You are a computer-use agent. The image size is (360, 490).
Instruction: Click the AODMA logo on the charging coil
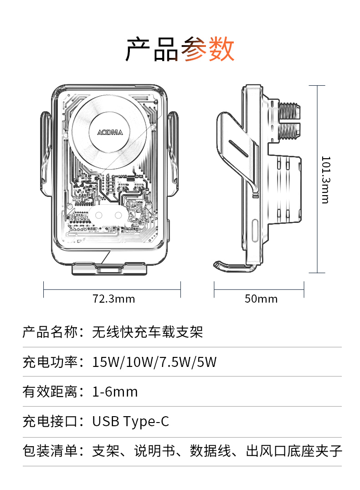pyautogui.click(x=110, y=132)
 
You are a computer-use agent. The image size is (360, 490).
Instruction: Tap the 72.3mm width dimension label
pyautogui.click(x=114, y=299)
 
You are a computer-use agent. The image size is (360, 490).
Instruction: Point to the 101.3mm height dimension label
pyautogui.click(x=325, y=180)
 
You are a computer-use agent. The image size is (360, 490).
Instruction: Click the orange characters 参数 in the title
pyautogui.click(x=208, y=50)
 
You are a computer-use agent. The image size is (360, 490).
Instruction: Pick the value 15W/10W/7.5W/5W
pyautogui.click(x=154, y=362)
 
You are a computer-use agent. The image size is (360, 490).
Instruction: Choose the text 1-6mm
pyautogui.click(x=115, y=392)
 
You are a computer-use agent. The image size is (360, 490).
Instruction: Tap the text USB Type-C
pyautogui.click(x=131, y=421)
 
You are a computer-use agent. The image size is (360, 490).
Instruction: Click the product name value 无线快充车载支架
pyautogui.click(x=148, y=332)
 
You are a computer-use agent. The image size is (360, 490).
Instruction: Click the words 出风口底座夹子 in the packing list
pyautogui.click(x=294, y=451)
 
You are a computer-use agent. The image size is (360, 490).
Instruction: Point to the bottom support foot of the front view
pyautogui.click(x=110, y=269)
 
